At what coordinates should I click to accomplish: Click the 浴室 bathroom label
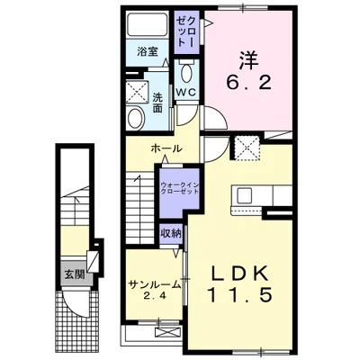click(148, 51)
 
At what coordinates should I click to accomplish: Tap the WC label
click(186, 92)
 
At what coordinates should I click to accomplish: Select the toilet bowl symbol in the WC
click(187, 72)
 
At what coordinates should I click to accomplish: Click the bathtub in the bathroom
click(147, 23)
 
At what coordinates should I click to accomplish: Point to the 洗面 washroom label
click(157, 103)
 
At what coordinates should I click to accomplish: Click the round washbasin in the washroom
click(136, 118)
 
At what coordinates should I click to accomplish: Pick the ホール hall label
click(166, 148)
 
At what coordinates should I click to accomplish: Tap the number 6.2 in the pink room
click(248, 82)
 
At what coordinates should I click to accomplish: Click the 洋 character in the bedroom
click(248, 60)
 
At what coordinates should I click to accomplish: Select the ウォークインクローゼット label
click(180, 188)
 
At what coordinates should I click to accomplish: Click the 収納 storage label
click(171, 233)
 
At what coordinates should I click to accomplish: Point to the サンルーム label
click(155, 283)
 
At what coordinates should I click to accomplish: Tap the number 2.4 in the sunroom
click(155, 297)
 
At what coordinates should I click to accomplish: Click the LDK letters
click(239, 274)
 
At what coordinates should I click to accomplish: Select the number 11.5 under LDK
click(240, 294)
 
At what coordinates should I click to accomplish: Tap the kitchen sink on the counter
click(246, 195)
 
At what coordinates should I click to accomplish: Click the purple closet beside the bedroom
click(187, 32)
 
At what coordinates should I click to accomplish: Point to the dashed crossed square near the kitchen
click(247, 148)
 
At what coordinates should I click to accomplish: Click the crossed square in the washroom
click(137, 91)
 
